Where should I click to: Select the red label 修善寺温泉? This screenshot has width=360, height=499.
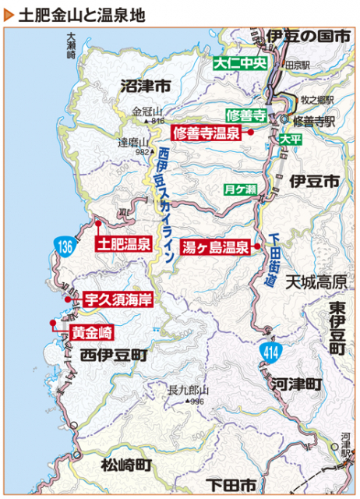[206, 133]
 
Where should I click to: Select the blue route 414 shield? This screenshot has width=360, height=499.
[270, 353]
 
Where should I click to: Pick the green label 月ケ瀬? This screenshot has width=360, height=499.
[240, 189]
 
